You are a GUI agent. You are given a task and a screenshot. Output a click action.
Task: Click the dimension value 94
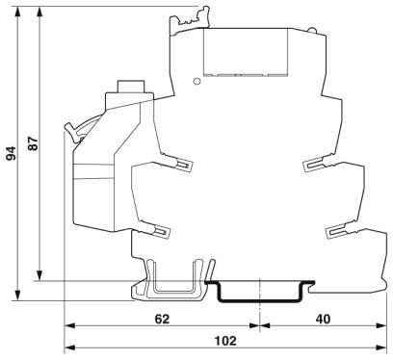(12, 154)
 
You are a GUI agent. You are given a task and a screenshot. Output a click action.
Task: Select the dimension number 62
(162, 319)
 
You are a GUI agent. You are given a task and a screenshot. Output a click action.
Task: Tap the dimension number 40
(323, 319)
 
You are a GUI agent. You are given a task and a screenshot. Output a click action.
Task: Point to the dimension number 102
(225, 341)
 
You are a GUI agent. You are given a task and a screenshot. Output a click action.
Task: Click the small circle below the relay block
(197, 81)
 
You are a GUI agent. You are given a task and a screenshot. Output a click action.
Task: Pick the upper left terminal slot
(184, 165)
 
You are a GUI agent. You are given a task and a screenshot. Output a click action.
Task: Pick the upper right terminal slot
(314, 165)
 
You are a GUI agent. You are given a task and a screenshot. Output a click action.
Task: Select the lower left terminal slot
(161, 231)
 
